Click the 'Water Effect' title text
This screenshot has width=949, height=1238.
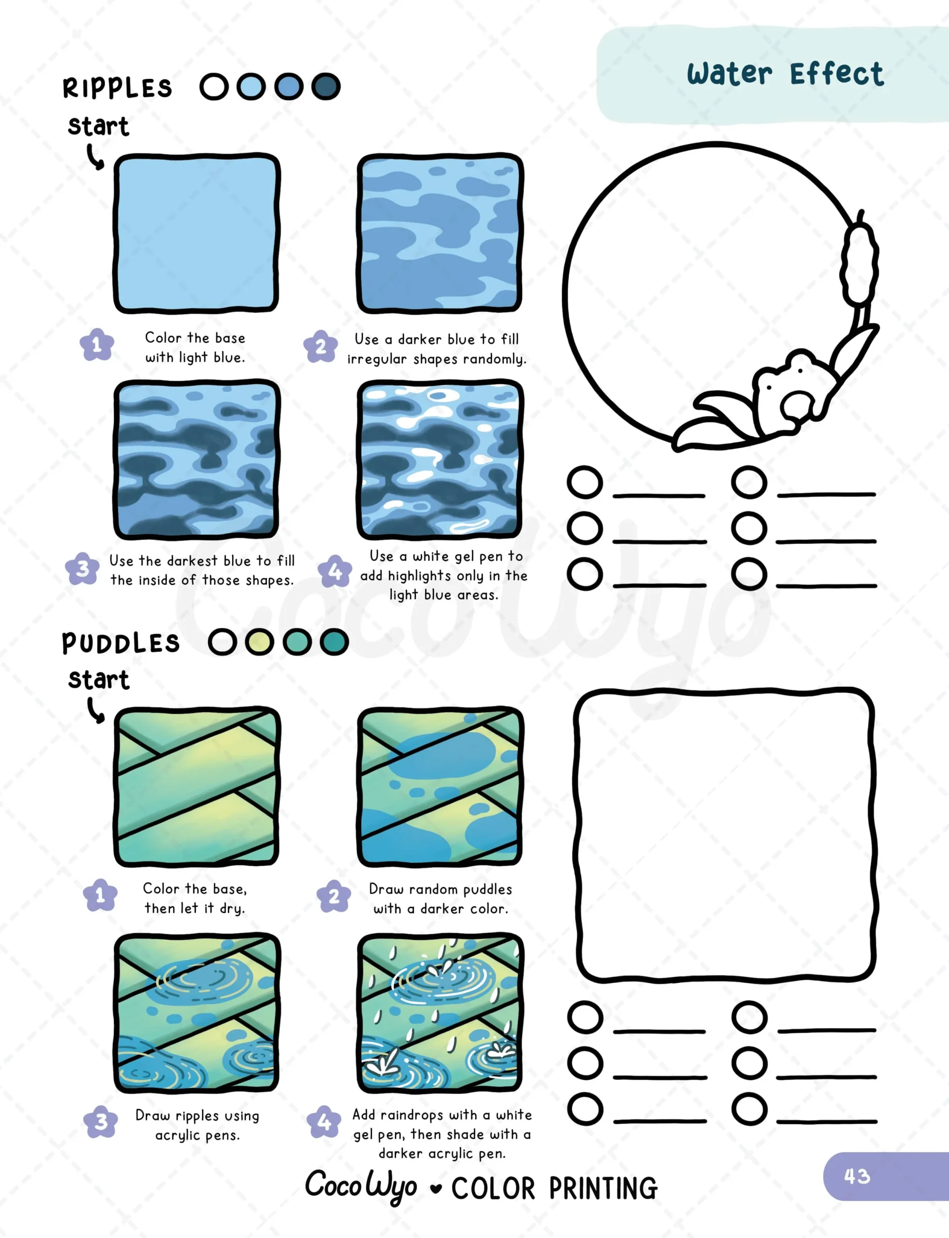point(785,74)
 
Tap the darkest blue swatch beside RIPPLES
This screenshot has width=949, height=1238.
point(326,87)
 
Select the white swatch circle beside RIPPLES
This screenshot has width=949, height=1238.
point(214,87)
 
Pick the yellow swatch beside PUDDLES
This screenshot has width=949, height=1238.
point(259,642)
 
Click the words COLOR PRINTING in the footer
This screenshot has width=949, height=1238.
point(554,1188)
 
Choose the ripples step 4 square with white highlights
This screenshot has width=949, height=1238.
point(440,459)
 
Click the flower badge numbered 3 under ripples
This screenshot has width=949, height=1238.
point(83,568)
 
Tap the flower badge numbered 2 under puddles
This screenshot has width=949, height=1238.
point(335,896)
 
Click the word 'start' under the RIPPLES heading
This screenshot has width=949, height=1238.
point(98,126)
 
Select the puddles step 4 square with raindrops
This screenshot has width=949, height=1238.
point(440,1013)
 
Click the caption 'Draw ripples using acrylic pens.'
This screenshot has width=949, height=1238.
point(197,1125)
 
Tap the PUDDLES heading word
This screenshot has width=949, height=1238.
point(121,643)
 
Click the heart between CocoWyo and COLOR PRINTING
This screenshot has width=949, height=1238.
point(436,1189)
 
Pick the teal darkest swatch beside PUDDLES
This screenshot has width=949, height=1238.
point(334,642)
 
